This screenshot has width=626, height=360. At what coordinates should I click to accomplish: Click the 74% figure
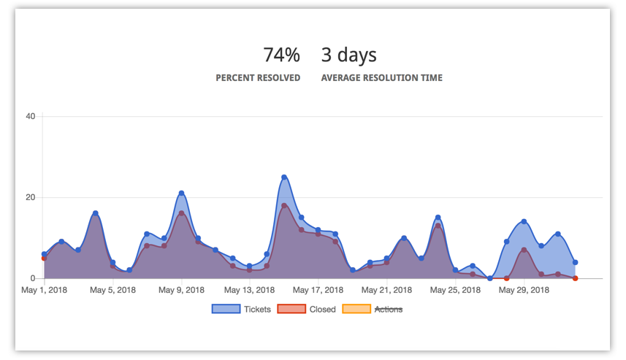tap(281, 55)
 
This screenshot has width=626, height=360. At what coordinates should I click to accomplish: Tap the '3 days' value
tap(348, 55)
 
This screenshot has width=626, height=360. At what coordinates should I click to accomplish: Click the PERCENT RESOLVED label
tap(258, 77)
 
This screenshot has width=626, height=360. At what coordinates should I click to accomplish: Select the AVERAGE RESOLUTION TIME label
tap(381, 77)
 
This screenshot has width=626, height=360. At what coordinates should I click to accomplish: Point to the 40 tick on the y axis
tap(31, 116)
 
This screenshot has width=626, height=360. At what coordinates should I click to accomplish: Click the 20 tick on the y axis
tap(31, 197)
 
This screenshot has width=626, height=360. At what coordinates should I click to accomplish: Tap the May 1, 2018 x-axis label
tap(45, 290)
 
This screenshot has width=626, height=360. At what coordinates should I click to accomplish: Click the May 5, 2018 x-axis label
tap(112, 290)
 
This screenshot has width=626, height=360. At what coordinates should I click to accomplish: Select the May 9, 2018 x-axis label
tap(181, 290)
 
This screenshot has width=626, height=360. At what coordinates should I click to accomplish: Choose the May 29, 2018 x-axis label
tap(524, 290)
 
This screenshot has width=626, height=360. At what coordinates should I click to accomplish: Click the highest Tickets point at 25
tap(284, 177)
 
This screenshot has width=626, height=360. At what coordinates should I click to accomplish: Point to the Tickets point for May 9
tap(181, 193)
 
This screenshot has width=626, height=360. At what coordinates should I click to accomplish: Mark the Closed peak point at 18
tap(284, 206)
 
